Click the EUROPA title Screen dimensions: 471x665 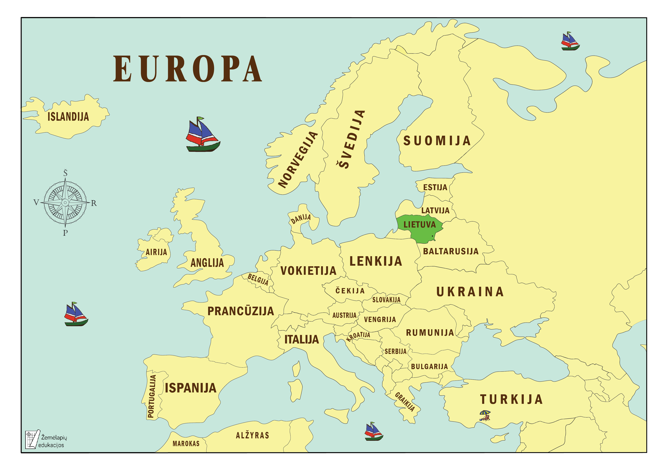pyautogui.click(x=188, y=69)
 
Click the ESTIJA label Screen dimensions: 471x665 pyautogui.click(x=435, y=187)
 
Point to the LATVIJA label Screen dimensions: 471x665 pyautogui.click(x=435, y=211)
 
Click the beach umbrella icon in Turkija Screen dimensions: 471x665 pyautogui.click(x=485, y=415)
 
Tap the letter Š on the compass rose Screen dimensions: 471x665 pyautogui.click(x=65, y=173)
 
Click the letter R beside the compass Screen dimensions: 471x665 pyautogui.click(x=94, y=203)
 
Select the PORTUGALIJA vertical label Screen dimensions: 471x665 pyautogui.click(x=151, y=396)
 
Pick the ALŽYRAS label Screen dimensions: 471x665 pyautogui.click(x=253, y=435)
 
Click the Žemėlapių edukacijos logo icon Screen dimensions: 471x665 pyautogui.click(x=32, y=439)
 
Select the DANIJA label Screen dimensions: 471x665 pyautogui.click(x=301, y=219)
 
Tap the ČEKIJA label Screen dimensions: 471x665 pyautogui.click(x=350, y=291)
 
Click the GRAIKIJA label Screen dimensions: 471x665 pyautogui.click(x=405, y=402)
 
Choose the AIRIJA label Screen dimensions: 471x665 pyautogui.click(x=156, y=252)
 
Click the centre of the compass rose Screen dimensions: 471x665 pyautogui.click(x=65, y=202)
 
